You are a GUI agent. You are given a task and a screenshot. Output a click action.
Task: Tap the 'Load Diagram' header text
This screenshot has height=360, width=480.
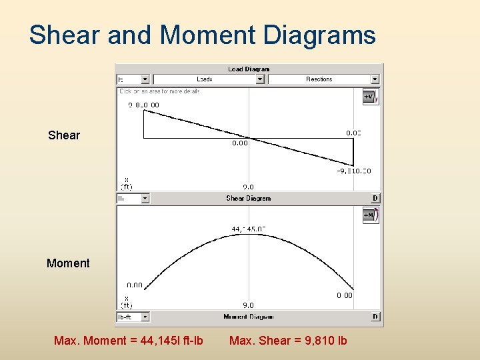(x=248, y=69)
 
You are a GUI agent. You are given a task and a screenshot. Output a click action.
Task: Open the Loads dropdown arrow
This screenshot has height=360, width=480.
(x=261, y=79)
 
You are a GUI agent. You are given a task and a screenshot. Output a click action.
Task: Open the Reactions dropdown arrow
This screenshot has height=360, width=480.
(x=375, y=79)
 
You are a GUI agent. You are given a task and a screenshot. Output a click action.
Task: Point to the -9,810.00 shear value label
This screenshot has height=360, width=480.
(x=353, y=171)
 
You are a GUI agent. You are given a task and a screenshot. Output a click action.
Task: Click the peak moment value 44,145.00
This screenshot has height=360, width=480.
(x=249, y=229)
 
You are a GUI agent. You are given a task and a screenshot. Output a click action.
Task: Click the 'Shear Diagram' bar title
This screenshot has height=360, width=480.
(x=248, y=198)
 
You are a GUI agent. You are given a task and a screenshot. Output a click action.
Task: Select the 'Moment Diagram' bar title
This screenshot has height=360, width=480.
(x=248, y=317)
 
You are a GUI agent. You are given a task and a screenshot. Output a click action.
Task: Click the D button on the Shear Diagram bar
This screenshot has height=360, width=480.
(x=375, y=198)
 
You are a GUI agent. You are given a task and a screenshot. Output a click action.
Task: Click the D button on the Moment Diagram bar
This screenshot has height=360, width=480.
(x=375, y=317)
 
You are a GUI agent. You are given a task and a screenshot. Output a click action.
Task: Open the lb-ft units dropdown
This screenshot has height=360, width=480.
(x=145, y=317)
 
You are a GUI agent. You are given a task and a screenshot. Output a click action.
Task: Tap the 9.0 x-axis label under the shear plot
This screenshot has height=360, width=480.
(x=248, y=187)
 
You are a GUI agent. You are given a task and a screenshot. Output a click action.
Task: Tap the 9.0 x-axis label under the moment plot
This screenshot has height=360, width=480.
(x=248, y=305)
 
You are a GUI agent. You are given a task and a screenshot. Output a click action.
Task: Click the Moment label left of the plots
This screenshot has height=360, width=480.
(x=68, y=263)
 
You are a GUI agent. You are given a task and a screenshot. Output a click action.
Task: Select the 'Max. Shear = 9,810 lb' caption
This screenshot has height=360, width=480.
(x=288, y=341)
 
